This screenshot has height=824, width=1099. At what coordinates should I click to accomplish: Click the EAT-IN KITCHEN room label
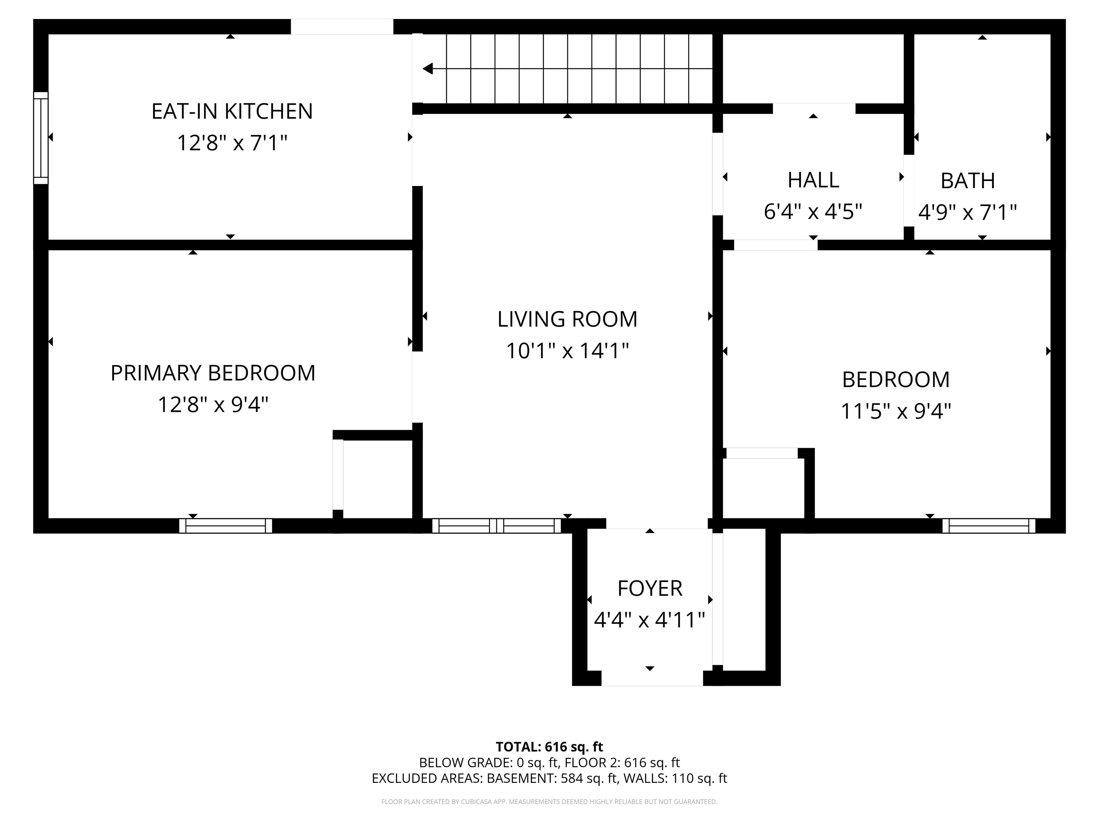click(x=232, y=111)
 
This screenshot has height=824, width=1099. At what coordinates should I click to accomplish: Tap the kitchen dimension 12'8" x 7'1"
click(x=232, y=143)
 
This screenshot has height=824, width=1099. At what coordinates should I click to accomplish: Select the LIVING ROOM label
click(x=567, y=319)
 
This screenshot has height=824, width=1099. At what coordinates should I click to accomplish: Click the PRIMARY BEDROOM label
click(x=213, y=373)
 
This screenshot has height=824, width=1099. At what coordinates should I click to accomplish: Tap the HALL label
click(x=813, y=180)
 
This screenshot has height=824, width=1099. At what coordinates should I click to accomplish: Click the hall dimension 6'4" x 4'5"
click(x=813, y=212)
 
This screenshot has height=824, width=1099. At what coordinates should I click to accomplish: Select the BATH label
click(x=968, y=181)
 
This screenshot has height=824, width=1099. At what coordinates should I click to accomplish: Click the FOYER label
click(x=650, y=589)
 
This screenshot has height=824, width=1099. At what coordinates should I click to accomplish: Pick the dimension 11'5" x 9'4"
click(x=896, y=412)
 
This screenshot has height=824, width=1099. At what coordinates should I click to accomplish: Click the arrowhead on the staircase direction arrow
click(x=427, y=69)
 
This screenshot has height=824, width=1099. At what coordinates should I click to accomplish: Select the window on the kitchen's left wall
click(x=41, y=138)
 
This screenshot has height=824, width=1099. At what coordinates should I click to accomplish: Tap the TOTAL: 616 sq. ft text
click(x=549, y=746)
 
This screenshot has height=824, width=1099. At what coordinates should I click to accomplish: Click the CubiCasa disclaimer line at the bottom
click(x=549, y=802)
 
